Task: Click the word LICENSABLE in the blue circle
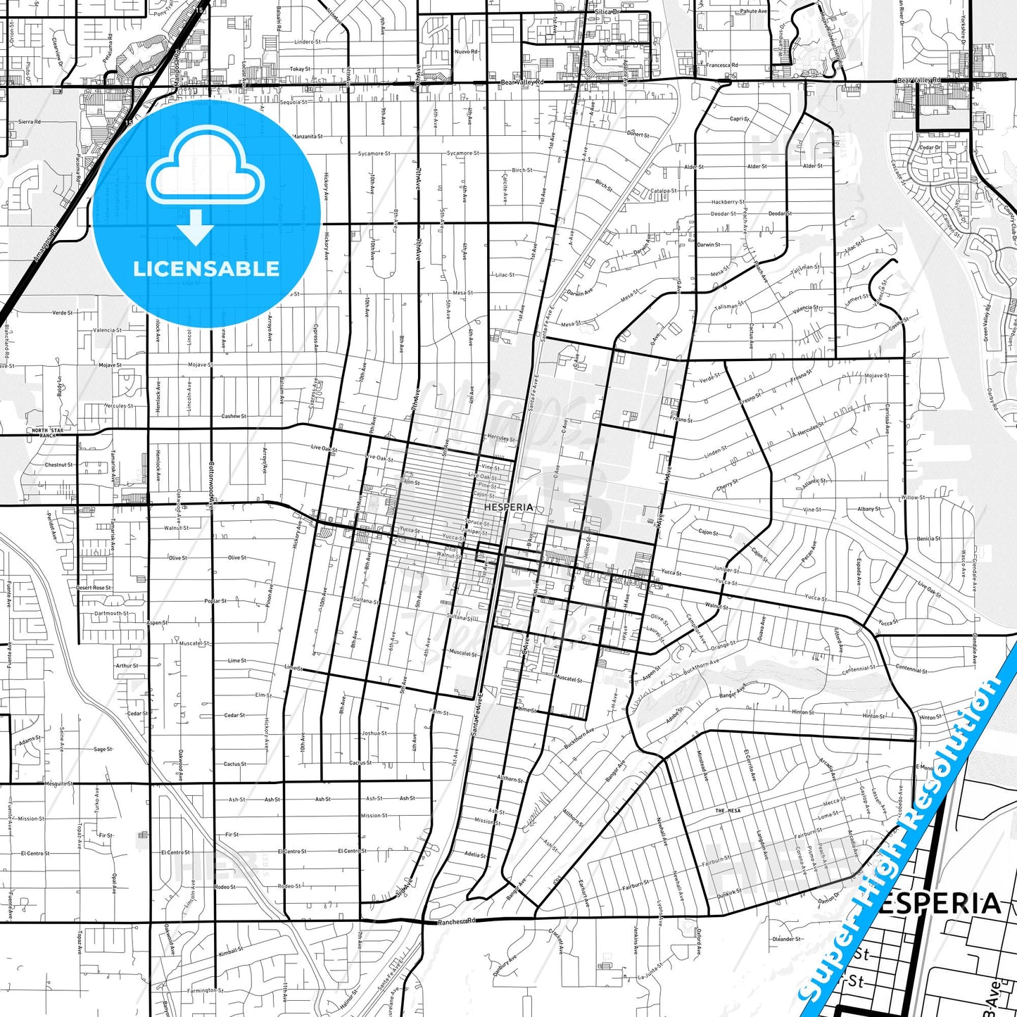click(206, 269)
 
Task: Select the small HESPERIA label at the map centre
click(508, 507)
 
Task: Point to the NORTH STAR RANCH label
click(47, 433)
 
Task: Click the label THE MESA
click(728, 811)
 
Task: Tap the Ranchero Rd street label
click(457, 921)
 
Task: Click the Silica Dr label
click(607, 12)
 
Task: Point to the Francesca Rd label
click(722, 65)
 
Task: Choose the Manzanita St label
click(308, 136)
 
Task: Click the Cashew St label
click(234, 416)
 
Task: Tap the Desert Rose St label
click(94, 588)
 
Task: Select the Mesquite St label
click(58, 783)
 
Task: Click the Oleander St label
click(787, 939)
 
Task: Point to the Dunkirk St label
click(729, 892)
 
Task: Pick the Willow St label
click(913, 498)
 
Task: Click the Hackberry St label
click(727, 202)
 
